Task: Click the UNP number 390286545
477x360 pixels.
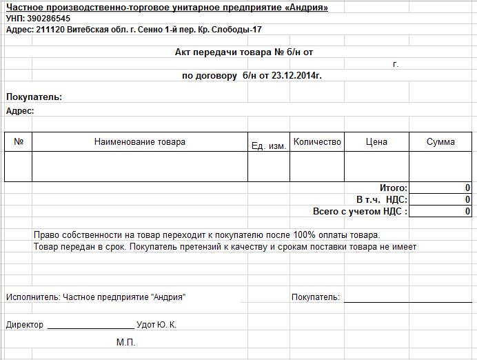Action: tap(48, 19)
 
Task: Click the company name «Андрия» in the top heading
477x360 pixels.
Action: tap(303, 8)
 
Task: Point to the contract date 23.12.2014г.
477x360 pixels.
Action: tap(298, 75)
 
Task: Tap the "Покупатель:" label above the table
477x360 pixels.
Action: tap(34, 97)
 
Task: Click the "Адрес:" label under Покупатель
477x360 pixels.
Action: tap(21, 110)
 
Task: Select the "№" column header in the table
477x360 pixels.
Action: tap(19, 142)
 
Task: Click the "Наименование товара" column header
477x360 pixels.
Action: tap(140, 142)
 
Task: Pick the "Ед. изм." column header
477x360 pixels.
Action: tap(269, 146)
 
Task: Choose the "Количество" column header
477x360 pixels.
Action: tap(317, 142)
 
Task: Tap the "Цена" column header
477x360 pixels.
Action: tap(376, 142)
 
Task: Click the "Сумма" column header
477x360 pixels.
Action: tap(440, 142)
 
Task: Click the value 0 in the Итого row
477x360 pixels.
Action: tap(467, 188)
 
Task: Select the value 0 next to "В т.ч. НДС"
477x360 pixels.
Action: tap(467, 200)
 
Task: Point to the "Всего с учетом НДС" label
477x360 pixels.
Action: tap(360, 212)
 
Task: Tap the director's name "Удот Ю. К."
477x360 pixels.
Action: tap(157, 325)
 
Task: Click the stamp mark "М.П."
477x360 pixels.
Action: tap(126, 342)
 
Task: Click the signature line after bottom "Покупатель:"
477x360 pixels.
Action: tap(408, 301)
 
